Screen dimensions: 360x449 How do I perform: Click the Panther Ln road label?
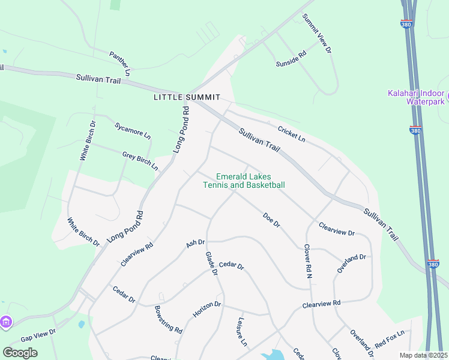click(x=120, y=63)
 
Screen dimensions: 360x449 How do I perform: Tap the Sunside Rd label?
click(x=291, y=58)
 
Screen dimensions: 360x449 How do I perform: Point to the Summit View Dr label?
click(x=317, y=34)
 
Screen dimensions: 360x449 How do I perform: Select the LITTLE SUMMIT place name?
click(x=187, y=97)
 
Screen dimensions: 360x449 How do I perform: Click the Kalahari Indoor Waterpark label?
click(x=416, y=98)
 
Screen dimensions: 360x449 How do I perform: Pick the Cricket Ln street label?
click(x=292, y=134)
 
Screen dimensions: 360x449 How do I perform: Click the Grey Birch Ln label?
click(x=140, y=160)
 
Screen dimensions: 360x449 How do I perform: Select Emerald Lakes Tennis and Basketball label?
click(x=243, y=181)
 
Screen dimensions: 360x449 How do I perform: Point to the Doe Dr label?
click(x=271, y=220)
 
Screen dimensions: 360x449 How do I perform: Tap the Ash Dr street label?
click(x=196, y=243)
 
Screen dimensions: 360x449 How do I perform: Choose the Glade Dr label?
click(x=211, y=263)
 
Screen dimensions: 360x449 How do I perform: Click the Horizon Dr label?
click(x=207, y=310)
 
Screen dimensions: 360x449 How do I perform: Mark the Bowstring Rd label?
click(x=168, y=319)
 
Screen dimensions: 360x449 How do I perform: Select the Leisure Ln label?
click(x=243, y=332)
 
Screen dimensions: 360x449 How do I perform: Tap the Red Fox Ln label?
click(x=390, y=340)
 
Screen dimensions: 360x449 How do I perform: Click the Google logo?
click(x=20, y=352)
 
